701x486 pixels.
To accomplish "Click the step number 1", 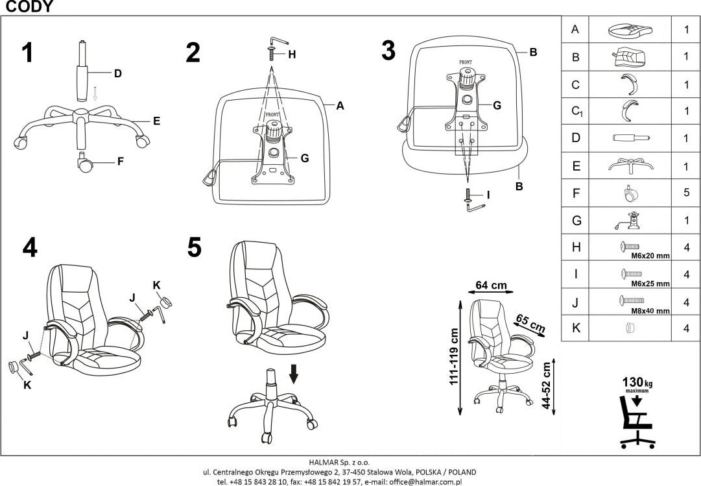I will [x=27, y=53].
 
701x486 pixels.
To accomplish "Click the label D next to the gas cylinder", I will [x=117, y=73].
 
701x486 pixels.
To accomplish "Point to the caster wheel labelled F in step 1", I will [x=84, y=162].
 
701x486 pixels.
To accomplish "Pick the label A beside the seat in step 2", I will [x=339, y=106].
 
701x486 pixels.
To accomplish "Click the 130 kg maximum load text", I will [x=637, y=383].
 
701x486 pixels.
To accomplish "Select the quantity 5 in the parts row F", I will [x=685, y=193].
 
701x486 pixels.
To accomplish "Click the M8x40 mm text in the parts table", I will [x=650, y=311].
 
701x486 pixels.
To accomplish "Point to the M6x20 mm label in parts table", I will [x=650, y=256].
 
